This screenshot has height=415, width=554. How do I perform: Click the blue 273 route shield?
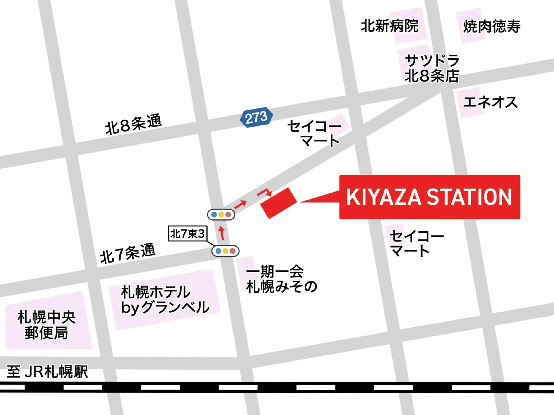(256, 117)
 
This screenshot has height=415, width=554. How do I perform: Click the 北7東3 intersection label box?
(187, 234)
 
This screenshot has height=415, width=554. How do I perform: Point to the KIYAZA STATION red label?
(429, 197)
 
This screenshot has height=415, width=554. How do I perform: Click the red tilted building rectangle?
(279, 203)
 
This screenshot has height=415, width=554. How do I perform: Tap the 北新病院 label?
(389, 26)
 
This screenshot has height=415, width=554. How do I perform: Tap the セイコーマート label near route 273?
(314, 133)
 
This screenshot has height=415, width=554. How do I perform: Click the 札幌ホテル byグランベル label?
(165, 300)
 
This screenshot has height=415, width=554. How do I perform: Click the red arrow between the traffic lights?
(222, 233)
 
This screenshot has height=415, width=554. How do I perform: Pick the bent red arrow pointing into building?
(265, 192)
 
